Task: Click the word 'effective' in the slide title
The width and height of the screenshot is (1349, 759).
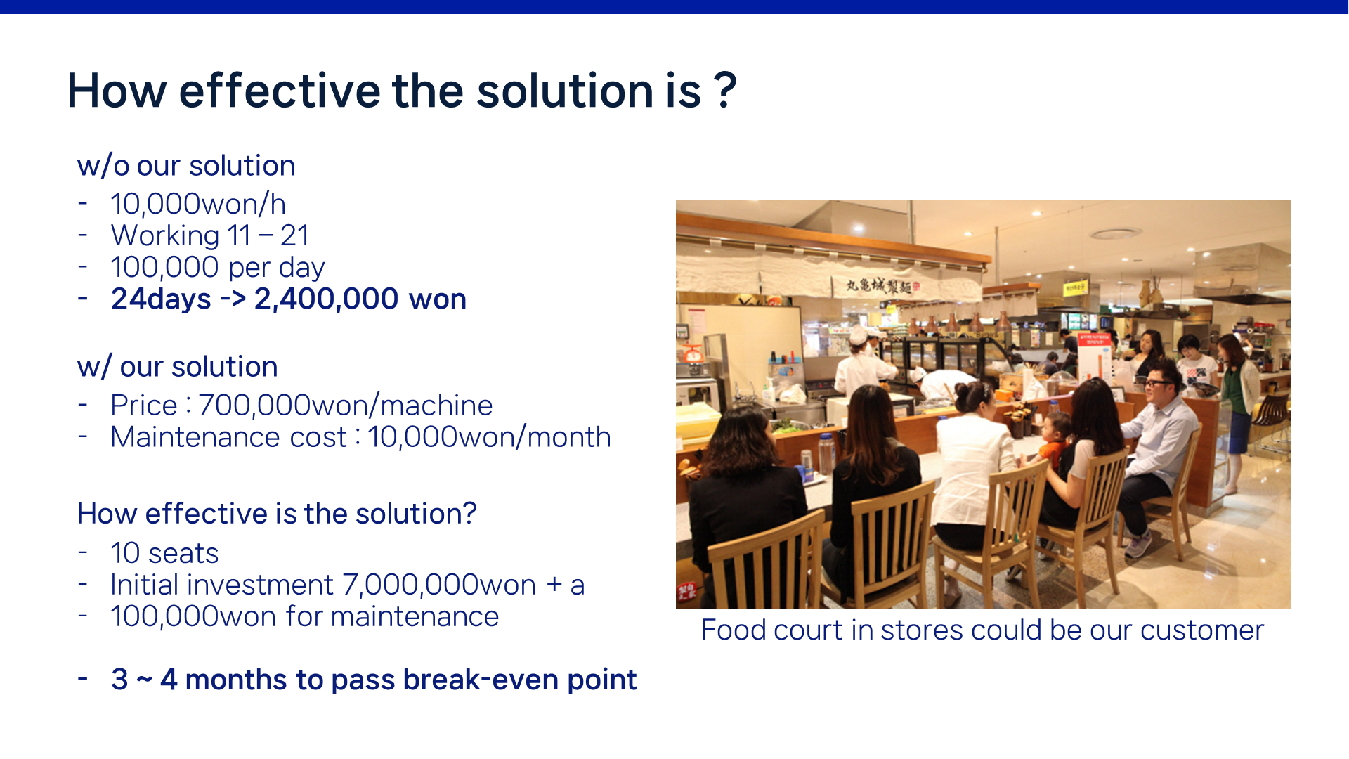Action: [280, 91]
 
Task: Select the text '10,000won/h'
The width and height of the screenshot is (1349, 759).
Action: [198, 204]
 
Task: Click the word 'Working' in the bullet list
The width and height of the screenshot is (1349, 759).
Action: [165, 236]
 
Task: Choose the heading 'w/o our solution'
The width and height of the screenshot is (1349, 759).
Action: [186, 166]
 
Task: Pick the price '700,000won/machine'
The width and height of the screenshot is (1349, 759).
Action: [346, 406]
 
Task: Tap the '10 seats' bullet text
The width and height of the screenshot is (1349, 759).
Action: [164, 554]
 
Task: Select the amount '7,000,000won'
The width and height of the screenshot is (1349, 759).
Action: [440, 585]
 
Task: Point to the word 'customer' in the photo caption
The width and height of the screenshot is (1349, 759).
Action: [1202, 630]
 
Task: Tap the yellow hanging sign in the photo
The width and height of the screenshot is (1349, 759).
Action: [1074, 287]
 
